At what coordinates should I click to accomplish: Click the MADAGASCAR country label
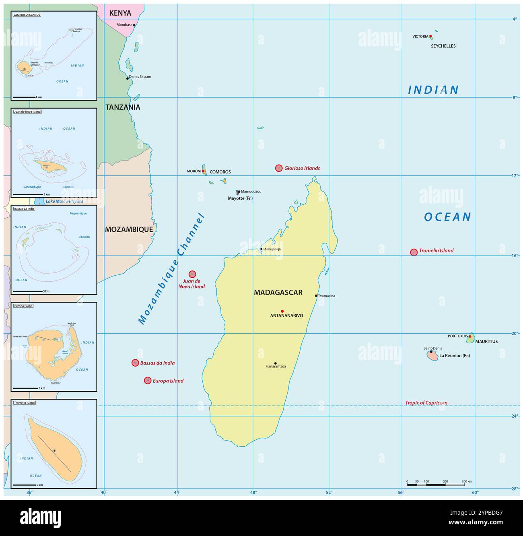pos(278,293)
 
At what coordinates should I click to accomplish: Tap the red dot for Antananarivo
pos(282,311)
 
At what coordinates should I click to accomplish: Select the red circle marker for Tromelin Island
pos(414,252)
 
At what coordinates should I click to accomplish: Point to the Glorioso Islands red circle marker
pos(279,168)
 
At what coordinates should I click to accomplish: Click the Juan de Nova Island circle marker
pos(192,274)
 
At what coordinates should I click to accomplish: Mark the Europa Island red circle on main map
pos(148,380)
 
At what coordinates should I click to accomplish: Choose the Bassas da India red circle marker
pos(135,363)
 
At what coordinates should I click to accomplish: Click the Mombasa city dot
pos(134,25)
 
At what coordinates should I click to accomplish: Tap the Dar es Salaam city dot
pos(128,78)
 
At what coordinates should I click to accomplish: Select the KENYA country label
pos(120,13)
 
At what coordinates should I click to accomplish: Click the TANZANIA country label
pos(123,107)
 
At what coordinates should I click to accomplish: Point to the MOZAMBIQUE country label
pos(129,229)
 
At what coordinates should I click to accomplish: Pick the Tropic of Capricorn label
pos(426,403)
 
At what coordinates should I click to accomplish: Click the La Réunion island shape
pos(432,355)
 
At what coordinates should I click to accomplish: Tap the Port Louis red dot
pos(470,336)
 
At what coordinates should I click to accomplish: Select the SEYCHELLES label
pos(443,46)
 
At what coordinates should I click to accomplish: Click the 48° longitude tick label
pos(253,492)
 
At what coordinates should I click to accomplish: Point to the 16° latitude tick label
pos(515,256)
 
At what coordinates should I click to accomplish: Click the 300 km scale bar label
pos(467,481)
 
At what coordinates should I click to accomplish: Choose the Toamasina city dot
pos(316,296)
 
